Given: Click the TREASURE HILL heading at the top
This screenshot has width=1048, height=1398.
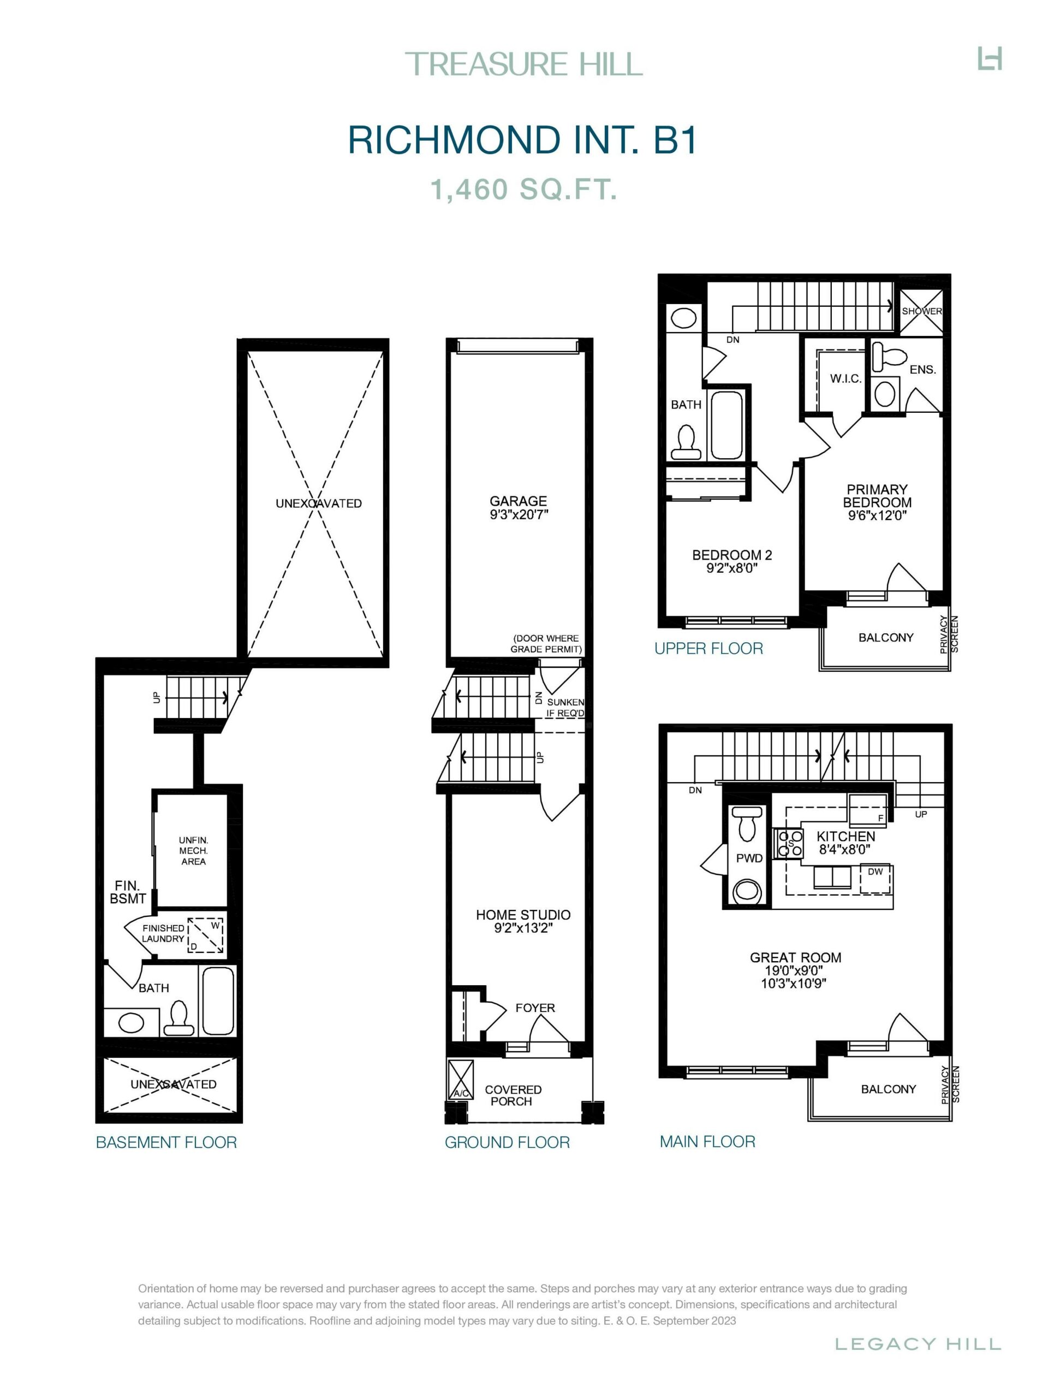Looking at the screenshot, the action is pyautogui.click(x=523, y=64).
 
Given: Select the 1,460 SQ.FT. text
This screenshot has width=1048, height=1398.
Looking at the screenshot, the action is pyautogui.click(x=523, y=189).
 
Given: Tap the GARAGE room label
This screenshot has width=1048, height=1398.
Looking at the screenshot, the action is pyautogui.click(x=518, y=501).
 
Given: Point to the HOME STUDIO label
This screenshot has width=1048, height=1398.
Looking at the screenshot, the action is pyautogui.click(x=523, y=915).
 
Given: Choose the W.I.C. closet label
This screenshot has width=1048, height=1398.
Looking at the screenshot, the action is pyautogui.click(x=846, y=378).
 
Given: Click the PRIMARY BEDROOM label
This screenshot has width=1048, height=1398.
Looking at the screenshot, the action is pyautogui.click(x=877, y=495).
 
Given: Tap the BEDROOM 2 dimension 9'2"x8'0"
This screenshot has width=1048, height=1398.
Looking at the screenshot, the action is pyautogui.click(x=731, y=568).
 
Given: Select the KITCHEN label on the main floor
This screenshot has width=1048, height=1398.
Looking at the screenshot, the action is pyautogui.click(x=846, y=836).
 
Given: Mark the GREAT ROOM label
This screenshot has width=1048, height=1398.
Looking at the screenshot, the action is pyautogui.click(x=795, y=957).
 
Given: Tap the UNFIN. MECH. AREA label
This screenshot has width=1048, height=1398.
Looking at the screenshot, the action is pyautogui.click(x=193, y=851).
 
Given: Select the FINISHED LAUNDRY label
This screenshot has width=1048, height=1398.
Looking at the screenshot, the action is pyautogui.click(x=163, y=933).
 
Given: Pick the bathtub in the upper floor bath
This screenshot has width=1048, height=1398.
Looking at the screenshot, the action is pyautogui.click(x=726, y=425).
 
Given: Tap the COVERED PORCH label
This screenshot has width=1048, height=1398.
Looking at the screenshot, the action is pyautogui.click(x=513, y=1095).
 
